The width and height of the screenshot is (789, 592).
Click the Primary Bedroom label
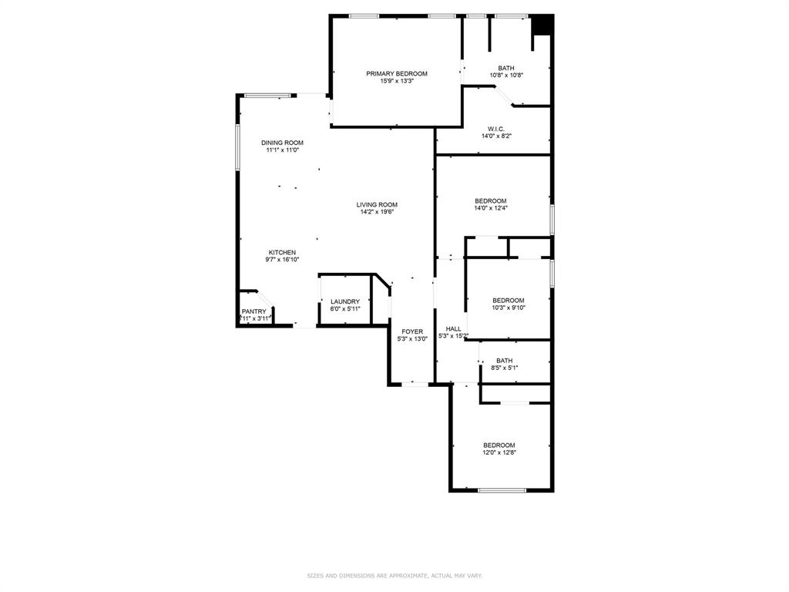[x=396, y=74]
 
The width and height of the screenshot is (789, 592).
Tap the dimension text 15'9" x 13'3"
[x=396, y=81]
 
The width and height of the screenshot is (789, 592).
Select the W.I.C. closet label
[x=495, y=129]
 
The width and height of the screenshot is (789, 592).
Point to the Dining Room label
[x=282, y=143]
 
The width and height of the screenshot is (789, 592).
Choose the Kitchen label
[x=282, y=253]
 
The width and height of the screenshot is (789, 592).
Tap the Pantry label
[x=253, y=311]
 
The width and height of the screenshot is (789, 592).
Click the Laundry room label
[x=345, y=301]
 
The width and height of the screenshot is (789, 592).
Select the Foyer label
[x=411, y=331]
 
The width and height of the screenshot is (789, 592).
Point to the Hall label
[x=453, y=329]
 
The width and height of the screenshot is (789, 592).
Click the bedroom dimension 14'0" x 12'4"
[x=491, y=208]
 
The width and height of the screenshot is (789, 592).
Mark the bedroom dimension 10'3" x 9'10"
[x=508, y=308]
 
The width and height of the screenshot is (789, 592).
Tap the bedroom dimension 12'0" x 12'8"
[x=499, y=452]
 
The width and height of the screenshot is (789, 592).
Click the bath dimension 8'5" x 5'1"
[x=505, y=368]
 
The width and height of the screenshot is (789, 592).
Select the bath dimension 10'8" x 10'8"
[x=506, y=75]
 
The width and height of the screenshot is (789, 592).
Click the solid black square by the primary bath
[x=544, y=25]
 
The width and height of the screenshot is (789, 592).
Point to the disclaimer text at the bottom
[x=394, y=576]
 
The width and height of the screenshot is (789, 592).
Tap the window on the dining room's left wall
[x=238, y=146]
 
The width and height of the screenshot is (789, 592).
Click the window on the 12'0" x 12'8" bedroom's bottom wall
[x=502, y=490]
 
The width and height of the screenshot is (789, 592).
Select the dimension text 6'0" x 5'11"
[x=345, y=308]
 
